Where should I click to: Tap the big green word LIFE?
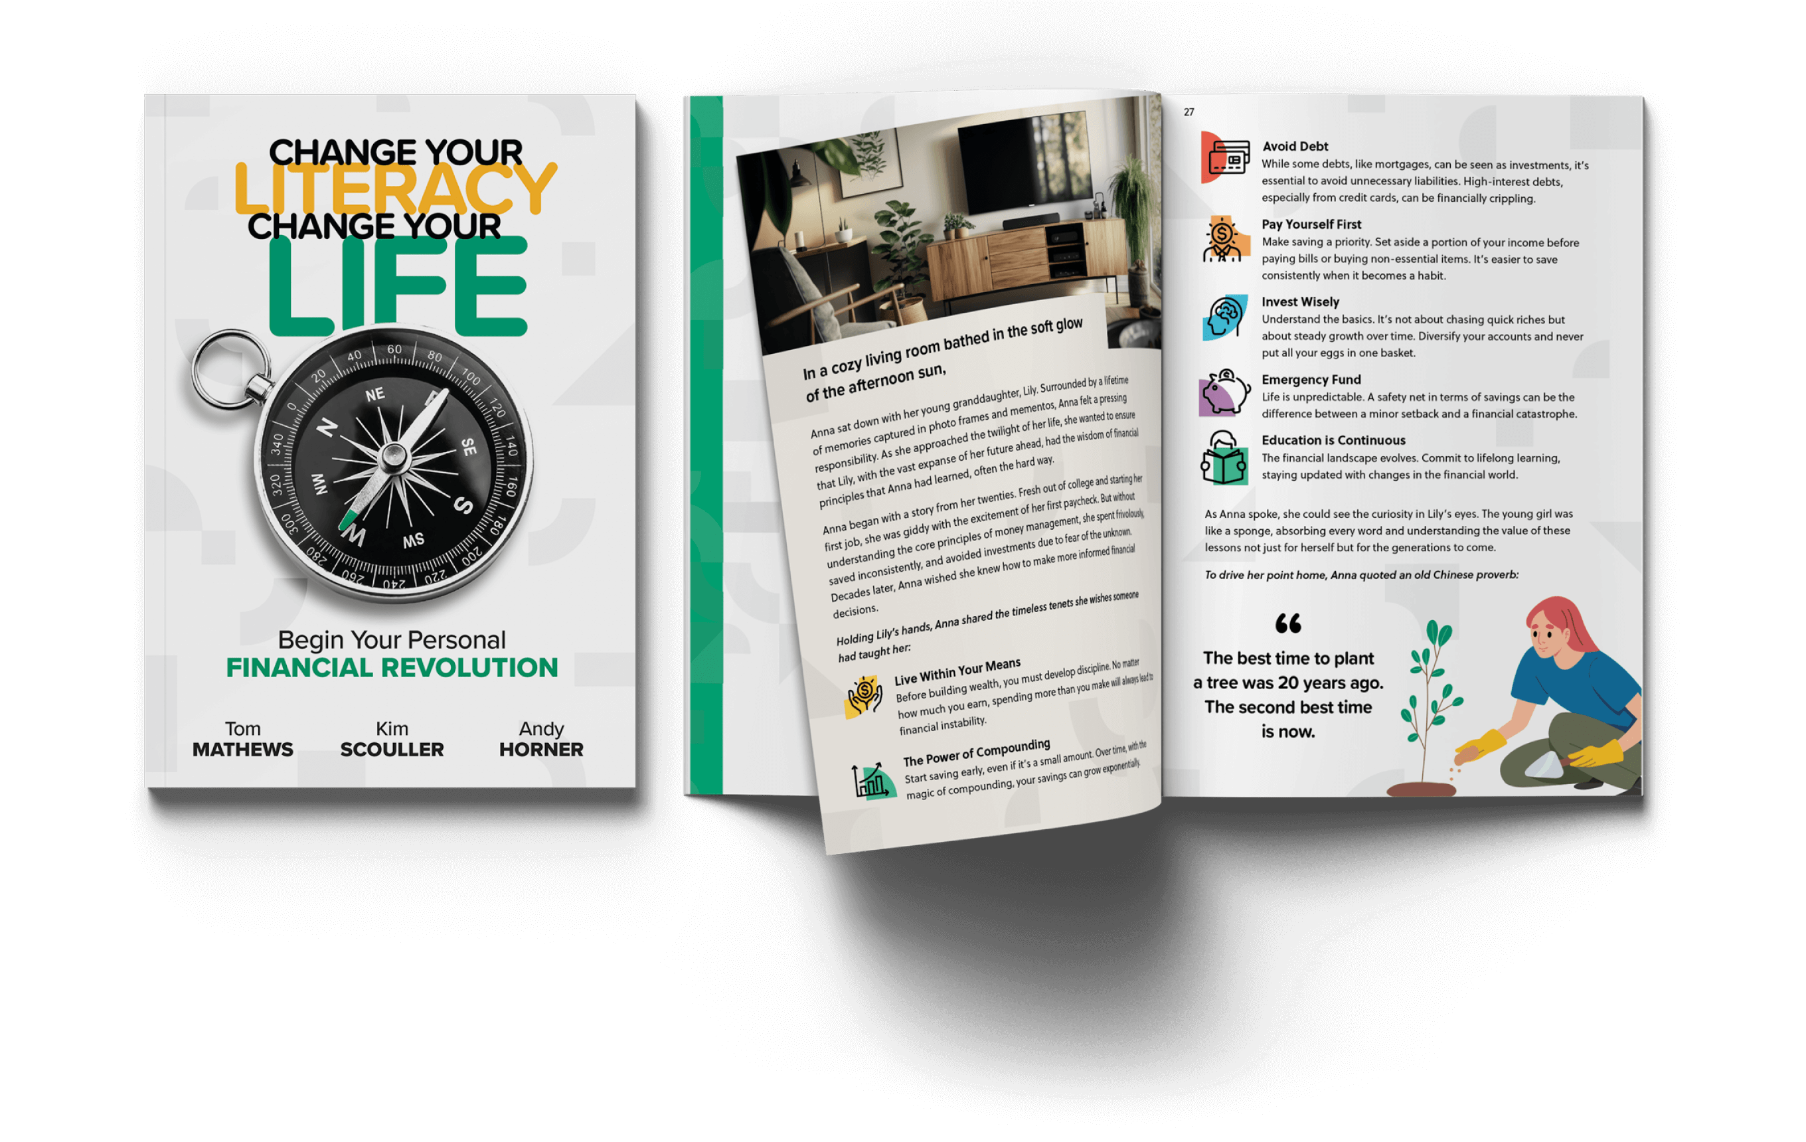[x=398, y=286]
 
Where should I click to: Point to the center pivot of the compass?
[x=394, y=455]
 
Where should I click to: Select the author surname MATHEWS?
[x=242, y=749]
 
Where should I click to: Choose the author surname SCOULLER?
[x=392, y=749]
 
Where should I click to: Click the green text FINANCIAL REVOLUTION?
[x=392, y=667]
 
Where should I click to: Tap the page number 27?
[x=1189, y=112]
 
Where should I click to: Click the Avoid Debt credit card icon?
[x=1226, y=157]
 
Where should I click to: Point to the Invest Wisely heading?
[x=1300, y=301]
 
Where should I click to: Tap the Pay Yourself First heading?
[x=1311, y=224]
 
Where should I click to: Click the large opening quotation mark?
[x=1287, y=623]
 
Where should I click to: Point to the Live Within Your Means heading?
[x=957, y=671]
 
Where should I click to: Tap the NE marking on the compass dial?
[x=375, y=394]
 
